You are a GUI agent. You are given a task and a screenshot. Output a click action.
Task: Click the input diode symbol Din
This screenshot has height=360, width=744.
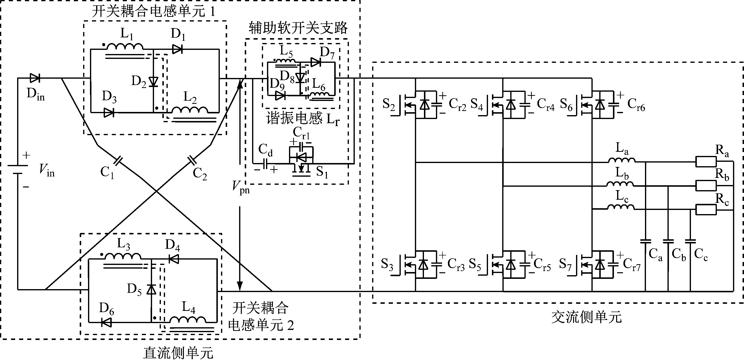pyautogui.click(x=35, y=78)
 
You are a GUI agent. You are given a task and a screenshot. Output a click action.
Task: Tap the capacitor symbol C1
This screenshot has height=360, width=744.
pyautogui.click(x=118, y=161)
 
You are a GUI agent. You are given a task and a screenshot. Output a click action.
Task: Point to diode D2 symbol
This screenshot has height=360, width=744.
pyautogui.click(x=153, y=82)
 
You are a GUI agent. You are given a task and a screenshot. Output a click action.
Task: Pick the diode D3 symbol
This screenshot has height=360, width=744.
pyautogui.click(x=109, y=113)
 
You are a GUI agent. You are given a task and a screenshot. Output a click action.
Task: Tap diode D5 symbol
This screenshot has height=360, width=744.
pyautogui.click(x=151, y=289)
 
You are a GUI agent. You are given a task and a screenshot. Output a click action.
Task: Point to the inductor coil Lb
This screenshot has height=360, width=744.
pyautogui.click(x=620, y=184)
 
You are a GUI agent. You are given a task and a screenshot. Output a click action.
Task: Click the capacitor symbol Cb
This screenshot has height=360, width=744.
pyautogui.click(x=668, y=241)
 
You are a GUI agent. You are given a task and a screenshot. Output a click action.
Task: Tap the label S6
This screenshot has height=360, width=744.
pyautogui.click(x=566, y=105)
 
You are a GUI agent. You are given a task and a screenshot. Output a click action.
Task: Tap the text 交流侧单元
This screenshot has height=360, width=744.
pyautogui.click(x=586, y=317)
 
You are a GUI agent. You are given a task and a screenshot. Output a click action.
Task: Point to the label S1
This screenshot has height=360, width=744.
pyautogui.click(x=322, y=172)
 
